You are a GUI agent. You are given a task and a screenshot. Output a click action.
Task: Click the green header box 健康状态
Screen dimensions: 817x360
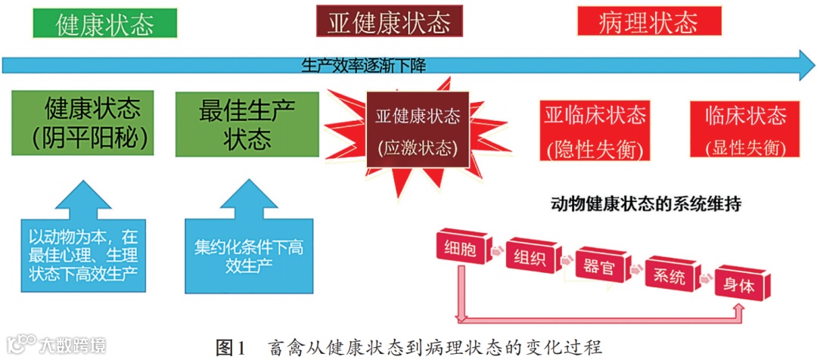(x=104, y=23)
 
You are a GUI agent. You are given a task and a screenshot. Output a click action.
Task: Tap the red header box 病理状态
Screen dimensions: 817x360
(x=648, y=23)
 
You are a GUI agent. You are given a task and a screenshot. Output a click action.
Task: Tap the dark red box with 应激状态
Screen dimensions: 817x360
(x=418, y=131)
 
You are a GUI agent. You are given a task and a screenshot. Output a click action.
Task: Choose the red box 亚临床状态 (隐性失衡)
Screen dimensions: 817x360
(x=595, y=130)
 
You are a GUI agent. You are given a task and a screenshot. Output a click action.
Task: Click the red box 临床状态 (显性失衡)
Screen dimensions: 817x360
(x=745, y=130)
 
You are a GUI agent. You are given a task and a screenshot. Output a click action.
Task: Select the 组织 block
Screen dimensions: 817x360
(x=530, y=257)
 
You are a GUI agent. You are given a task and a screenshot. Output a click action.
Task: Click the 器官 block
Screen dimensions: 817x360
(x=599, y=267)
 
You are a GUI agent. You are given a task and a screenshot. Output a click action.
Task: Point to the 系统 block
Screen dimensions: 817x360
(x=669, y=276)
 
